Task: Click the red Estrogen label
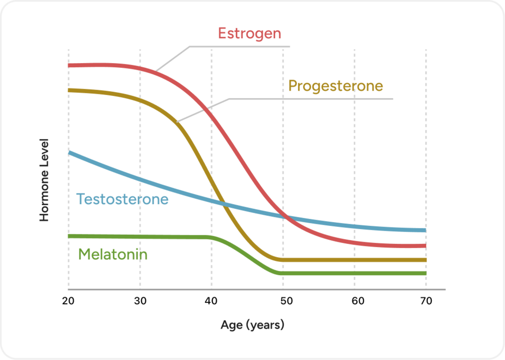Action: click(250, 34)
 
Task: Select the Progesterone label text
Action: click(335, 86)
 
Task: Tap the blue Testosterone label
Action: click(122, 199)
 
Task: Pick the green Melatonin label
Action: click(113, 254)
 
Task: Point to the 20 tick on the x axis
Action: click(68, 301)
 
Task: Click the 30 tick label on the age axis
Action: click(140, 301)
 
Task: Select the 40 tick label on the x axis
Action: click(211, 301)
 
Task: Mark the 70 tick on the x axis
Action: click(426, 301)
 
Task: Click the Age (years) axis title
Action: click(252, 324)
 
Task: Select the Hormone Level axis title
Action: click(45, 180)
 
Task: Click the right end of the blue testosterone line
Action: click(425, 230)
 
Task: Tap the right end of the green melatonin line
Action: click(425, 273)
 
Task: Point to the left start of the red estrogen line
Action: click(69, 65)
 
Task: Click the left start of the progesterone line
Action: click(69, 90)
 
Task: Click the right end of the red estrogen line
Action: click(425, 245)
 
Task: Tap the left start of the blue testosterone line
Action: click(69, 153)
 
